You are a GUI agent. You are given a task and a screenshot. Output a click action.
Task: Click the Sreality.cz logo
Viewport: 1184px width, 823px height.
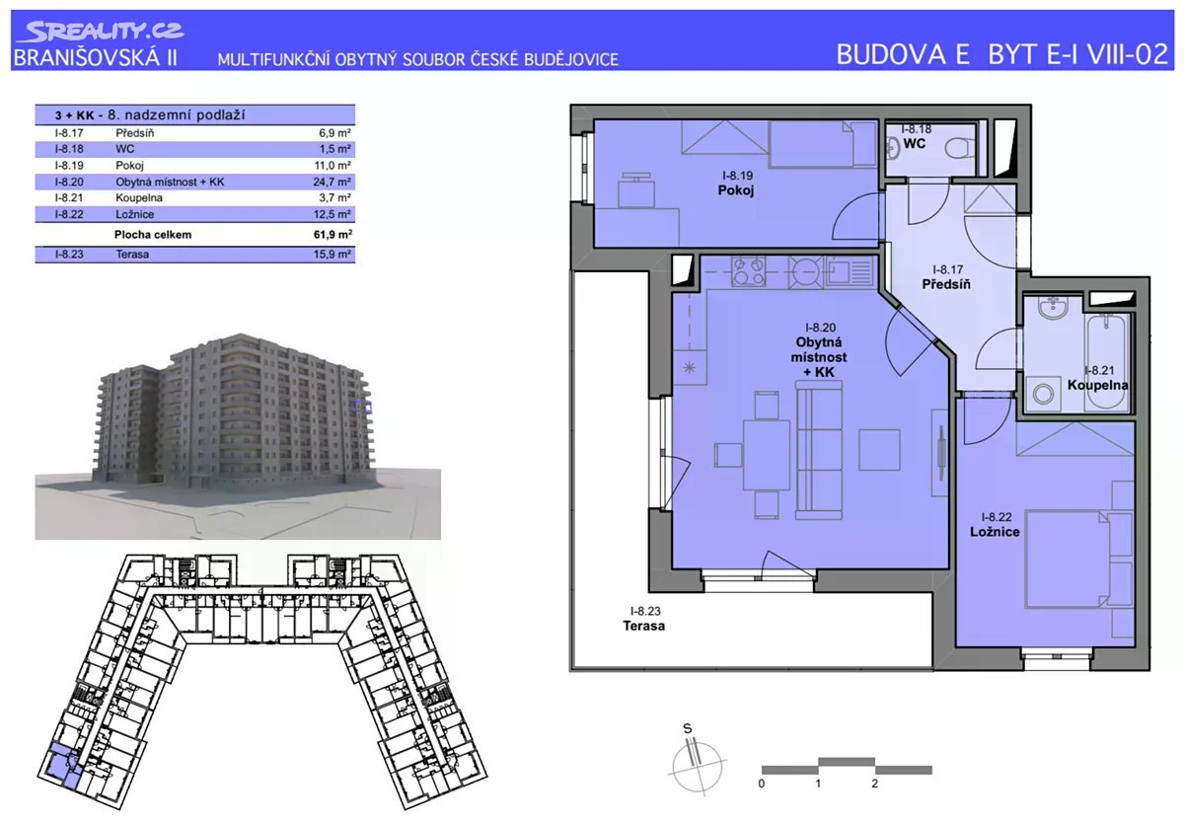[x=101, y=32]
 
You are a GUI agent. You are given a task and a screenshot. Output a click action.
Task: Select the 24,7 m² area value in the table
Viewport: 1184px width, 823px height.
[x=332, y=182]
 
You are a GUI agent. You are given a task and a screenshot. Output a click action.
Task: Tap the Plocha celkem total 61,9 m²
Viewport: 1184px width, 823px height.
[x=333, y=234]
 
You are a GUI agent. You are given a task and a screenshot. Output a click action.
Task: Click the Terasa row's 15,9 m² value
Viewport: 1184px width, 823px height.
[x=332, y=254]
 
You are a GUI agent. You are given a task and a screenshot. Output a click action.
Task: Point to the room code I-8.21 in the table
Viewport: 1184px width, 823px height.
[x=69, y=197]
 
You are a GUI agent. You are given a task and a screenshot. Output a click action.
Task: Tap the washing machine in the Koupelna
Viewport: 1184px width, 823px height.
[x=1044, y=394]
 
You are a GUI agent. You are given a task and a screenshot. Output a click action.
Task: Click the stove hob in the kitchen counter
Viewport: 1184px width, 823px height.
[x=748, y=271]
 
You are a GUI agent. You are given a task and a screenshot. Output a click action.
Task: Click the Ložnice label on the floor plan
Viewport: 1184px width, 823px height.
[x=995, y=531]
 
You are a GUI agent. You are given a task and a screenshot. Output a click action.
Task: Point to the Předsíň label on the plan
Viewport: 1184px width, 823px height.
[x=946, y=284]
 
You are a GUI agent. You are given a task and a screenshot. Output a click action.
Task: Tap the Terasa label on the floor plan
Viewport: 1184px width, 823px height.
[x=643, y=626]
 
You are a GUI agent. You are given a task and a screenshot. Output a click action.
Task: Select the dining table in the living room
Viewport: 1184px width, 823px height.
[x=767, y=455]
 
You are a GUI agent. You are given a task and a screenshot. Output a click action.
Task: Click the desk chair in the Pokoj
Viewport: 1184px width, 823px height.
[x=636, y=190]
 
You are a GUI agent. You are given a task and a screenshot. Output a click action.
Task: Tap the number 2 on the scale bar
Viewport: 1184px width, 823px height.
[x=875, y=784]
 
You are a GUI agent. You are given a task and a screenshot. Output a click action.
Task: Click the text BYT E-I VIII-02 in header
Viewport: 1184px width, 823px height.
[x=1077, y=54]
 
